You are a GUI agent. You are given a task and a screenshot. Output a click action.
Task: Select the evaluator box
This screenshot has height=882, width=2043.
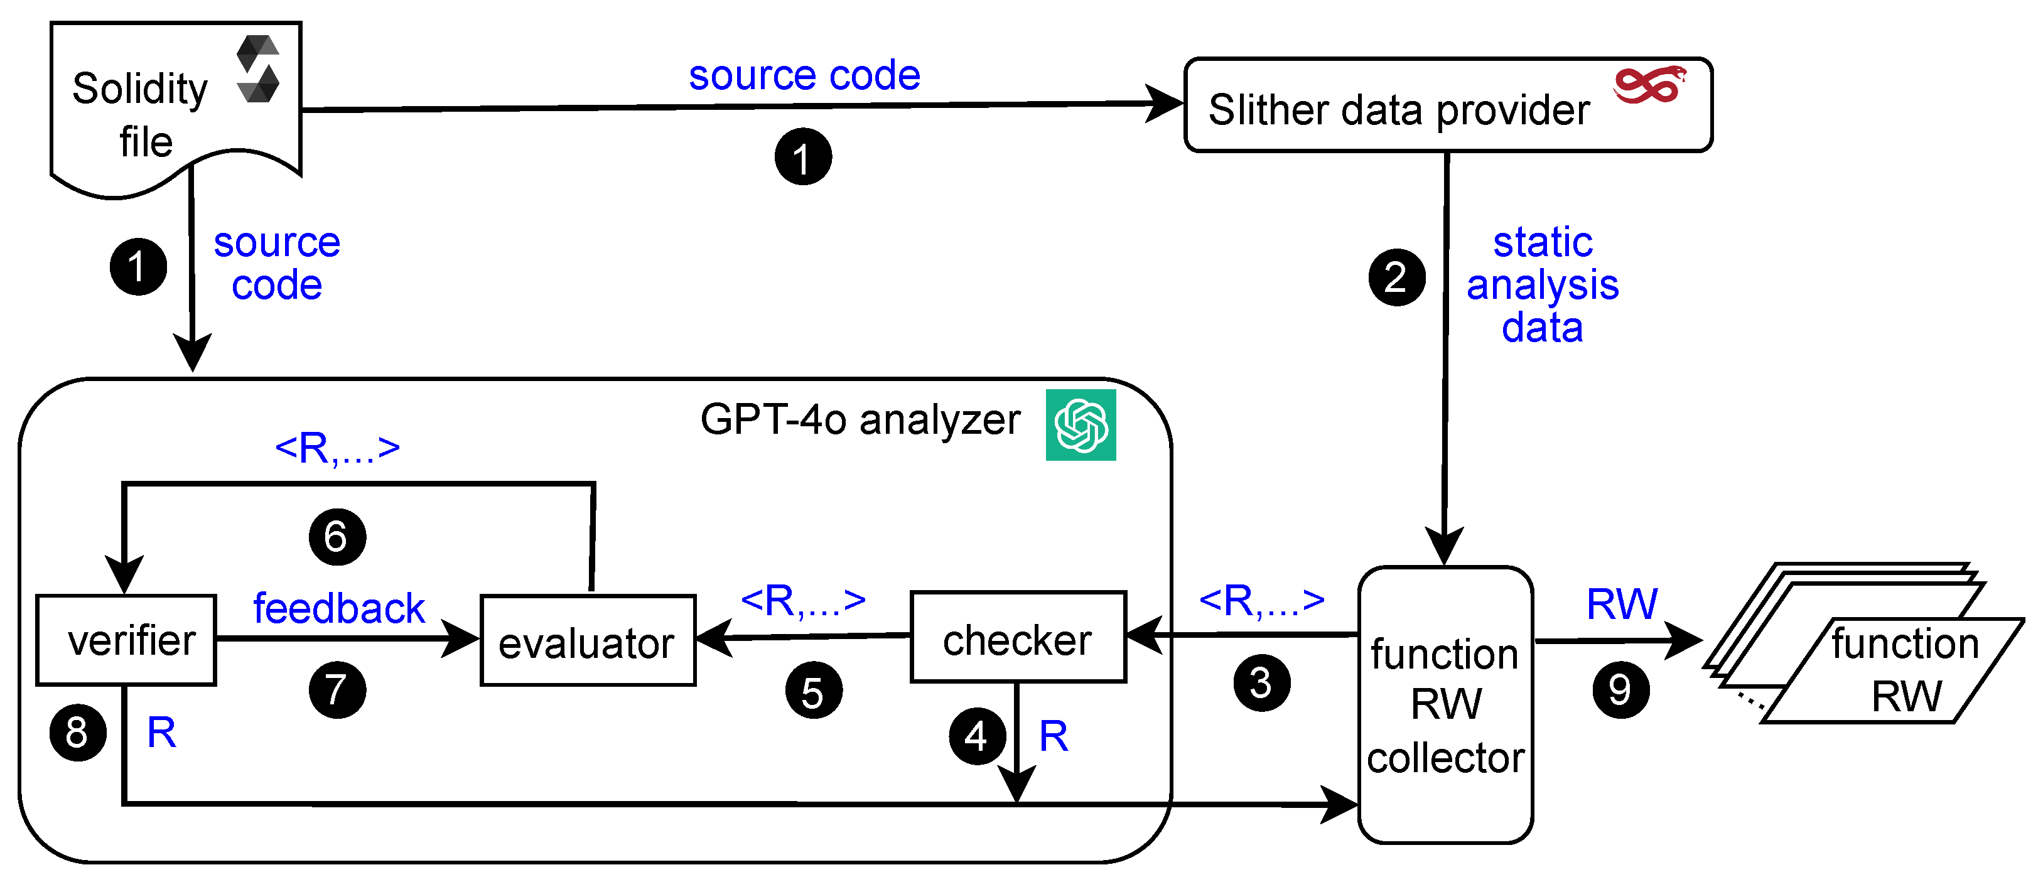(x=588, y=641)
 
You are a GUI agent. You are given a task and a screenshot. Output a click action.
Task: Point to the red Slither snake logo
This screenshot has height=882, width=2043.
(x=1649, y=85)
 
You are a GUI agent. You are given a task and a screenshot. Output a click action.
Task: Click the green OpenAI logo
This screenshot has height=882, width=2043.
(x=1080, y=425)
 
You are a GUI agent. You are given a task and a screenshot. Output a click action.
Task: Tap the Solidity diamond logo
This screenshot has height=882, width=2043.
(x=259, y=69)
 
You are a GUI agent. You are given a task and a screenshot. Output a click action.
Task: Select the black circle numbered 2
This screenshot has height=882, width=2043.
(x=1396, y=277)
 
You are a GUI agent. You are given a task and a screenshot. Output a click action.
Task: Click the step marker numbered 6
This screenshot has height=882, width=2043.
(x=337, y=537)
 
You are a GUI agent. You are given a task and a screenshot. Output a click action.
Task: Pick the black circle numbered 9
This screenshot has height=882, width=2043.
(x=1620, y=690)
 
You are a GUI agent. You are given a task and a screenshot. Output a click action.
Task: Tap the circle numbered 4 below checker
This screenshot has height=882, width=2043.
(x=977, y=737)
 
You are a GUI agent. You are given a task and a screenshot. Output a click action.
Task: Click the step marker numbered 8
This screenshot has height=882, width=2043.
(x=78, y=732)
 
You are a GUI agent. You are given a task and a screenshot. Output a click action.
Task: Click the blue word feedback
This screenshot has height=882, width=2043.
(x=338, y=608)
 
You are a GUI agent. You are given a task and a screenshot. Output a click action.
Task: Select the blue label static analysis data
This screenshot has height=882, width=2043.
(x=1542, y=285)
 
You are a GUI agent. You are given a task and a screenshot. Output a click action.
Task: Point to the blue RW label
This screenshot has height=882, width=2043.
(x=1621, y=605)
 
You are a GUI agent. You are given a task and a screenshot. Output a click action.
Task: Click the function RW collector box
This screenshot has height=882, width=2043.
(x=1445, y=704)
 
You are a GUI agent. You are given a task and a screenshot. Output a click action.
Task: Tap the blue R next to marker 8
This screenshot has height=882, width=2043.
(x=161, y=732)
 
